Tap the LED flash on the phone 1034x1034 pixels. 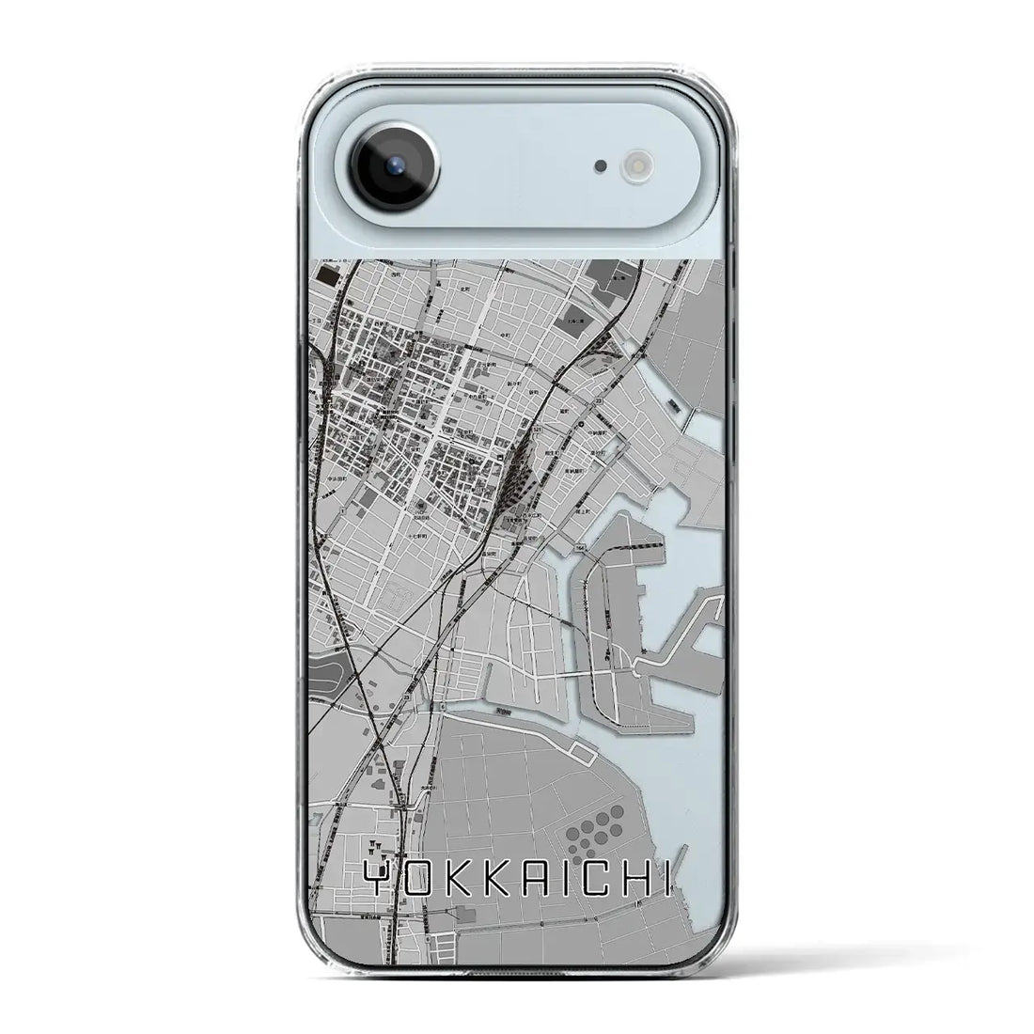pos(632,166)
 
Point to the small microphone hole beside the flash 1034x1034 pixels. pos(599,166)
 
